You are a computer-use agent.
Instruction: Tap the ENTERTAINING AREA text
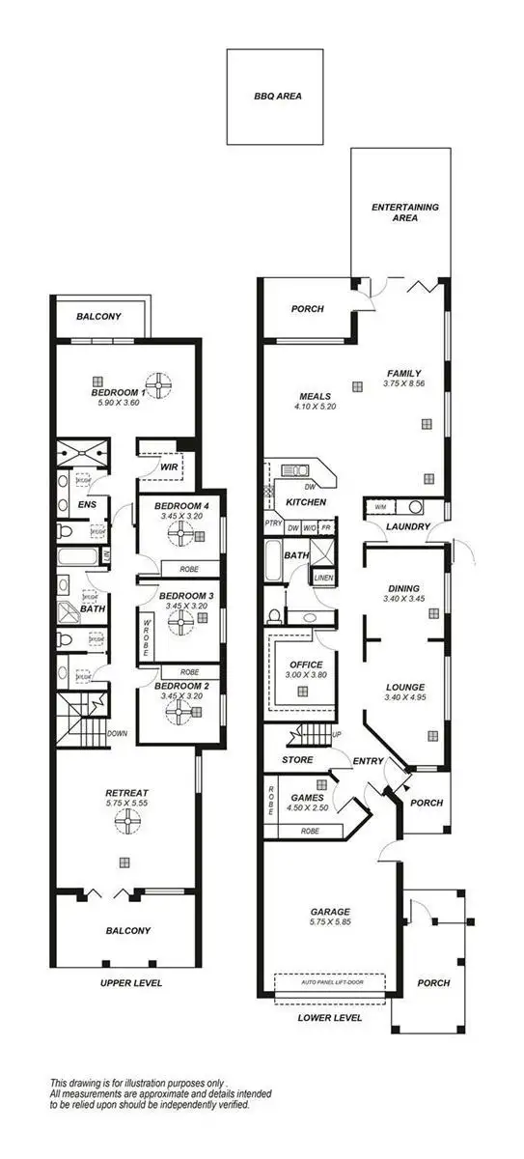(x=405, y=212)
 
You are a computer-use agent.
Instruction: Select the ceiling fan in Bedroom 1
(x=158, y=382)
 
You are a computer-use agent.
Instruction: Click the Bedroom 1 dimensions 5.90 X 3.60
(x=119, y=403)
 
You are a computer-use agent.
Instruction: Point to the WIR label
(x=169, y=466)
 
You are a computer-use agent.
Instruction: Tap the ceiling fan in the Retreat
(x=124, y=821)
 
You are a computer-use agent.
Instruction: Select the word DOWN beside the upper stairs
(x=117, y=733)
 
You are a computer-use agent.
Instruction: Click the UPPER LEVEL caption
(x=131, y=983)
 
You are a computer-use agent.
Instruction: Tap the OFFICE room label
(x=306, y=665)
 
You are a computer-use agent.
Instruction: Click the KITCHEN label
(x=305, y=503)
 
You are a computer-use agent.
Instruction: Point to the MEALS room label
(x=315, y=396)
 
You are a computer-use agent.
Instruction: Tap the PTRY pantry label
(x=272, y=526)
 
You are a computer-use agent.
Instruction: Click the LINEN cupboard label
(x=322, y=578)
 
